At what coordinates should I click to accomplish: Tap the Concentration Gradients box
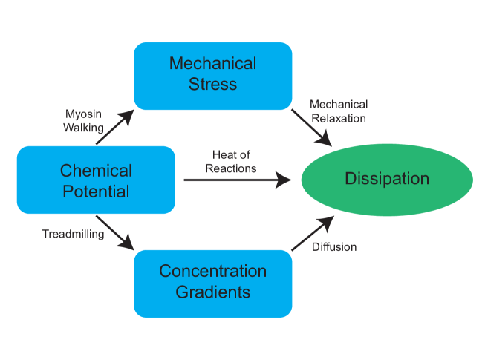point(212,282)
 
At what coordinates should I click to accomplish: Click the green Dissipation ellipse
point(386,180)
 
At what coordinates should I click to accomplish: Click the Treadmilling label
point(73,235)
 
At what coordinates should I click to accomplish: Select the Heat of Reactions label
point(234,161)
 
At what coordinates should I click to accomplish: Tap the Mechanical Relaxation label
point(338,111)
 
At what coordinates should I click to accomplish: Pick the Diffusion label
point(333,246)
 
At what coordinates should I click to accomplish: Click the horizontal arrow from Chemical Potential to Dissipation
point(236,180)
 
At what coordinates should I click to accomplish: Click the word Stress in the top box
point(212,84)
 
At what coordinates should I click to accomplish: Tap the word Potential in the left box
point(96,191)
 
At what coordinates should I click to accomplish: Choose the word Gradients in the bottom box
point(212,292)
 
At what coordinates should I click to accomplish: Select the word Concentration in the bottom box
point(212,272)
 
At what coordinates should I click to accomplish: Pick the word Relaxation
point(338,117)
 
